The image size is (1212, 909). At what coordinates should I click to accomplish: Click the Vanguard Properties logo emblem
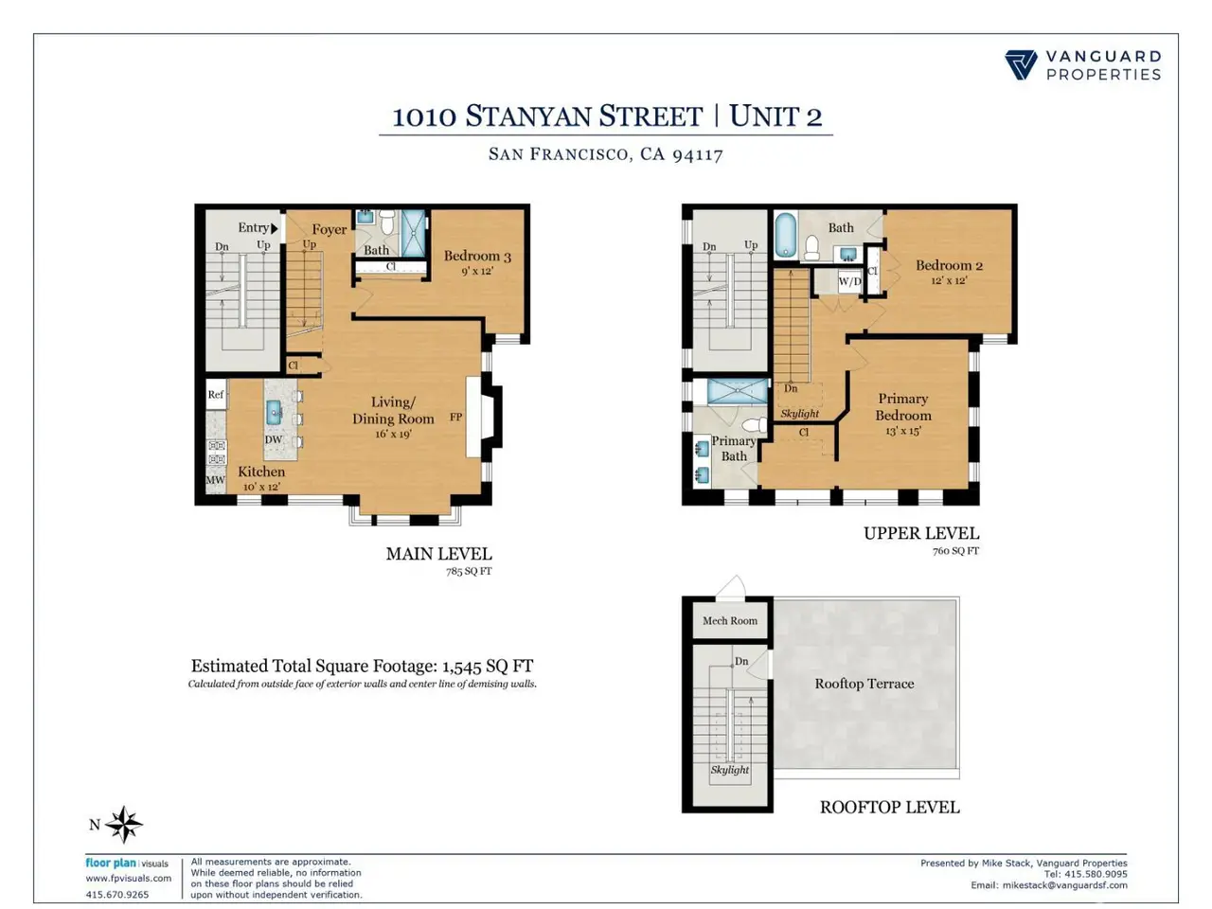coord(1021,65)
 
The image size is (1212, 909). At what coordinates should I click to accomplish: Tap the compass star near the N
coord(124,825)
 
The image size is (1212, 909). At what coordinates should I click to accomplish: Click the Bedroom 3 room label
coord(477,256)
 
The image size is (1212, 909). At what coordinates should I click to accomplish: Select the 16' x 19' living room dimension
coord(393,435)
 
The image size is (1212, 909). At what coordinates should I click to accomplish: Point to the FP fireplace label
coord(455,418)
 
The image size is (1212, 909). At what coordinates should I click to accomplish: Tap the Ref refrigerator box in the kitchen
coord(216,394)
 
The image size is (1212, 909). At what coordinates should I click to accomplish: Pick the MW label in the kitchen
coord(215,480)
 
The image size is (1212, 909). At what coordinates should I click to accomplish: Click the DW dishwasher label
coord(274,439)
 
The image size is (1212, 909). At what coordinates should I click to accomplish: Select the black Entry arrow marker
coord(275,228)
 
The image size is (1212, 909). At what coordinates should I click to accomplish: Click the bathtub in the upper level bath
coord(785,236)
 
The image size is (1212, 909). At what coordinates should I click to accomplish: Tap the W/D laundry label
coord(849,281)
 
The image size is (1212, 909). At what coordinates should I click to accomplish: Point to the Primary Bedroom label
coord(902,407)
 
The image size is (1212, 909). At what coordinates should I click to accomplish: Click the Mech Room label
coord(729,620)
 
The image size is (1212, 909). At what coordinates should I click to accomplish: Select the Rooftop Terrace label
coord(864,684)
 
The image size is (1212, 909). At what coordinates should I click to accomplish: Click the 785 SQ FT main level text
coord(469,571)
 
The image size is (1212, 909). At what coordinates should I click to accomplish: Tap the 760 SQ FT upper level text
coord(955,551)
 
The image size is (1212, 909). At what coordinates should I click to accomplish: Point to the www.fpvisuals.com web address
coord(129,879)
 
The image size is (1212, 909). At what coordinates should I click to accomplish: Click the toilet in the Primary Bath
coord(755,425)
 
